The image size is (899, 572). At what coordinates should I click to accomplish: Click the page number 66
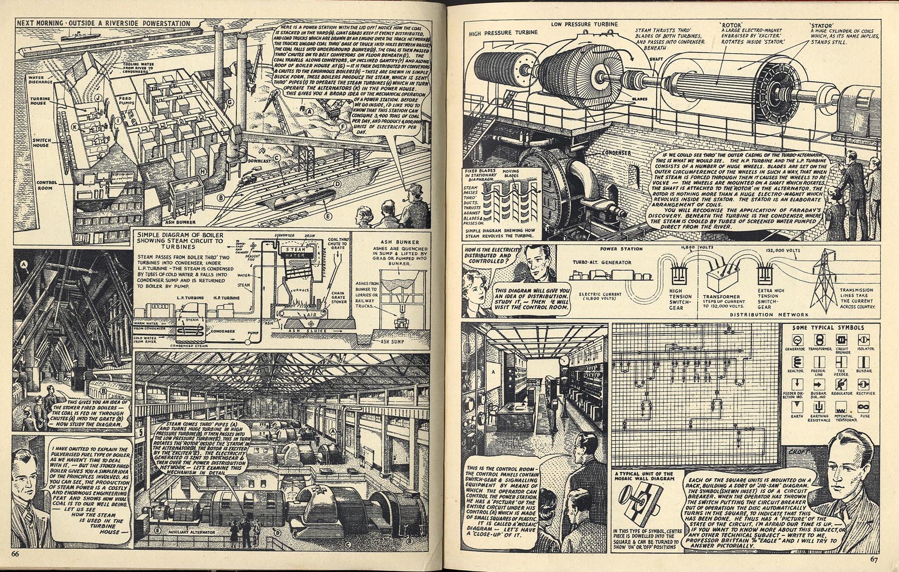pyautogui.click(x=15, y=554)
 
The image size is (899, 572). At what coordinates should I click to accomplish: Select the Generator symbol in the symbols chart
pyautogui.click(x=795, y=340)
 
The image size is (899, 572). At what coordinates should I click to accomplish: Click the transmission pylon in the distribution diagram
pyautogui.click(x=823, y=277)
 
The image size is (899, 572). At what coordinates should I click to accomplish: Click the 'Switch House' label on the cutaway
pyautogui.click(x=42, y=142)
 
